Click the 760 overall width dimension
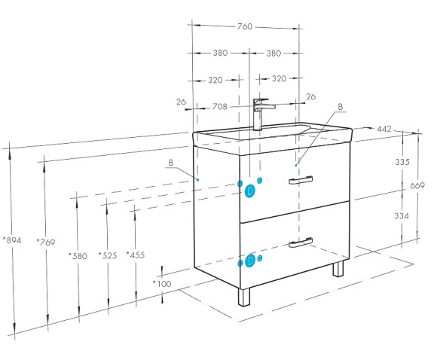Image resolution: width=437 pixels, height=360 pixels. (244, 26)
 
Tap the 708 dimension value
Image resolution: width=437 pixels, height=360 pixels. (220, 107)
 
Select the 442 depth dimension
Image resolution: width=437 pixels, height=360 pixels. (384, 129)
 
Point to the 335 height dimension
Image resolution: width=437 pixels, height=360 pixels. (402, 162)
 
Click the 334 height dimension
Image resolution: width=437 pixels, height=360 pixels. (402, 216)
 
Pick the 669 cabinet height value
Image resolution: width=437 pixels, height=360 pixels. (417, 185)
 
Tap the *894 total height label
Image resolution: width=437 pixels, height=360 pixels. (12, 240)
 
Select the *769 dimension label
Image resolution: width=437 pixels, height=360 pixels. (46, 242)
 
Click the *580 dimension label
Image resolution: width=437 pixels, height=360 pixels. (78, 256)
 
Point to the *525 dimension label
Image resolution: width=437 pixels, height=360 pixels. (108, 255)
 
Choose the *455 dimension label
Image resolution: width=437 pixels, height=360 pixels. (136, 255)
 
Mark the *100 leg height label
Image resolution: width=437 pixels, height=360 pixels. (162, 284)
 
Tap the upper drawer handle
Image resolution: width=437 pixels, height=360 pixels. (301, 180)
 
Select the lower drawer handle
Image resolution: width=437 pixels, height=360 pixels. (301, 243)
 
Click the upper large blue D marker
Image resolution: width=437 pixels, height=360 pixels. (249, 191)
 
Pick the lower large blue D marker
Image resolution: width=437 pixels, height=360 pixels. (250, 261)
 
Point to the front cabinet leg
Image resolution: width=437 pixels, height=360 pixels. (244, 297)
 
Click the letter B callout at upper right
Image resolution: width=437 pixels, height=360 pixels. (341, 107)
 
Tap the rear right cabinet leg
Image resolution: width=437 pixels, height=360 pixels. (338, 269)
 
